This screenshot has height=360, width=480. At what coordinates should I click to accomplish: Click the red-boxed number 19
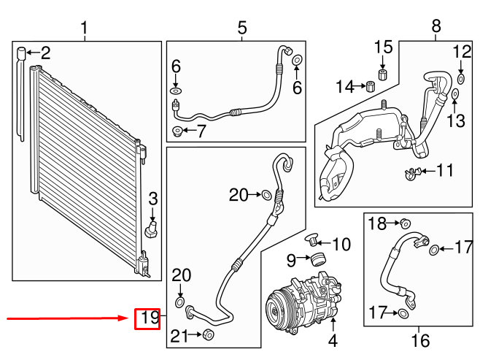[147, 318]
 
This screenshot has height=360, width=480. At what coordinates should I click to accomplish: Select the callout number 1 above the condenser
[84, 28]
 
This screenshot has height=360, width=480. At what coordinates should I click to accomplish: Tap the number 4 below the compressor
[333, 340]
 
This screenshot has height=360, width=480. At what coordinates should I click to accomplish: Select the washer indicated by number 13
[455, 93]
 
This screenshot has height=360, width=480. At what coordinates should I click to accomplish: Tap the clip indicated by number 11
[412, 173]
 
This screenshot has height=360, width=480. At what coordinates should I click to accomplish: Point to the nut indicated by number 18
[406, 223]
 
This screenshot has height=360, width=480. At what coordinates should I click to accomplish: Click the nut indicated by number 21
[207, 335]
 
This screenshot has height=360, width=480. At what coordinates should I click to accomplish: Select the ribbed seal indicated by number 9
[317, 259]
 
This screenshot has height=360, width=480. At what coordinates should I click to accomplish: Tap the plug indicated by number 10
[313, 237]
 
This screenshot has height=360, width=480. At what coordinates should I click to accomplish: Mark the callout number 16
[420, 340]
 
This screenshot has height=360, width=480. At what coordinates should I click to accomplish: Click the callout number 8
[436, 28]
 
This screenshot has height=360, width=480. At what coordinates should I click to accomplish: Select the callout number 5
[242, 28]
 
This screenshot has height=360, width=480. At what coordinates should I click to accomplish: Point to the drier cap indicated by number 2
[23, 52]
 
